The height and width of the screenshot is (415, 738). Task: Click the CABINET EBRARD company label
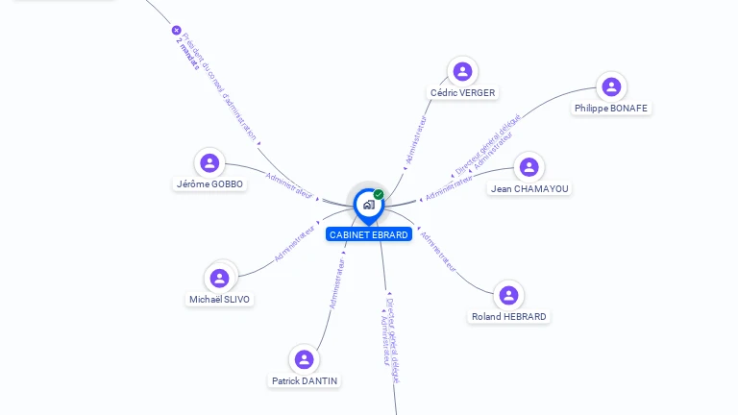tap(369, 234)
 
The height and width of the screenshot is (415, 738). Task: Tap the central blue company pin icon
tap(368, 204)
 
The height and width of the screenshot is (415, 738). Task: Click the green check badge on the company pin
tap(379, 194)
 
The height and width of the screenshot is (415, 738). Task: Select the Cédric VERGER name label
tap(462, 93)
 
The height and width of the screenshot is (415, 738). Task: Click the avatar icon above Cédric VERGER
tap(462, 71)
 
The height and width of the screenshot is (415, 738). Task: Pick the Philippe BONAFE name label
tap(611, 109)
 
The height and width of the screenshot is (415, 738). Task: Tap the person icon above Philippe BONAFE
tap(611, 86)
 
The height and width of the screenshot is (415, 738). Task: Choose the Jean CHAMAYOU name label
tap(529, 189)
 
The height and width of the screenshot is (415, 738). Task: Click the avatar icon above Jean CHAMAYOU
tap(529, 167)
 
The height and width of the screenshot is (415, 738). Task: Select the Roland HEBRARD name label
tap(509, 317)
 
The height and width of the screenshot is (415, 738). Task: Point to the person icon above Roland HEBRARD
tap(508, 295)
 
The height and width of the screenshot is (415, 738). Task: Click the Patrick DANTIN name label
tap(305, 381)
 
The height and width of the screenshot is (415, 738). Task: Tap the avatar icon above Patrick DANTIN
tap(305, 359)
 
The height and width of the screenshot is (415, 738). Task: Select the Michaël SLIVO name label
tap(219, 300)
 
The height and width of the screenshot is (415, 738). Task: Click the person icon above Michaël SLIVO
tap(219, 278)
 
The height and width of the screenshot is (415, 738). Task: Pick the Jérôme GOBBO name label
tap(209, 184)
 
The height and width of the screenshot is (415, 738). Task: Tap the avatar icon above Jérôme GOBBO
tap(209, 162)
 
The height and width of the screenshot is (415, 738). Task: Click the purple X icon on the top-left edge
tap(176, 30)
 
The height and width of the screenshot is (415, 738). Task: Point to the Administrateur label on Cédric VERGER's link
tap(416, 142)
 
